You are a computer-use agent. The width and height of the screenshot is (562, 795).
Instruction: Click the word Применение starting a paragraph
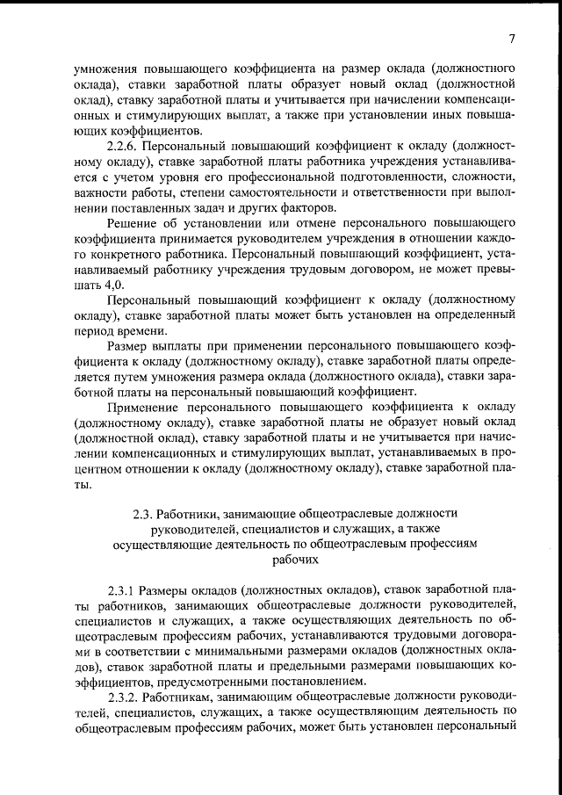(x=145, y=406)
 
